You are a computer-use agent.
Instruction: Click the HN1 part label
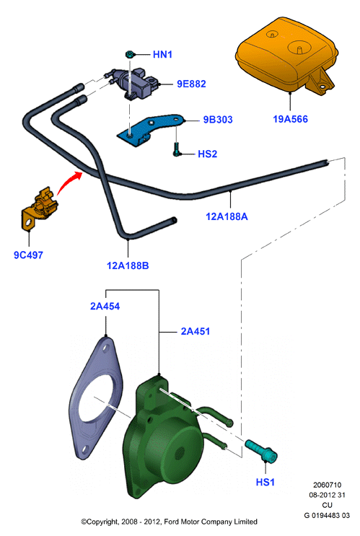pyautogui.click(x=162, y=54)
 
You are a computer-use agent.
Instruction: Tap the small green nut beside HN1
pyautogui.click(x=130, y=54)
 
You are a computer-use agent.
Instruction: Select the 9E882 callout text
pyautogui.click(x=191, y=84)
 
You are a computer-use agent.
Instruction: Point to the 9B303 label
pyautogui.click(x=218, y=120)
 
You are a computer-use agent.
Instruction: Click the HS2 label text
pyautogui.click(x=208, y=154)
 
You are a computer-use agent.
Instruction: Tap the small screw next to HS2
pyautogui.click(x=176, y=149)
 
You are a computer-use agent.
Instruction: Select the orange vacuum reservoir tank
pyautogui.click(x=287, y=56)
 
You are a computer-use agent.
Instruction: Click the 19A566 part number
pyautogui.click(x=290, y=119)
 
